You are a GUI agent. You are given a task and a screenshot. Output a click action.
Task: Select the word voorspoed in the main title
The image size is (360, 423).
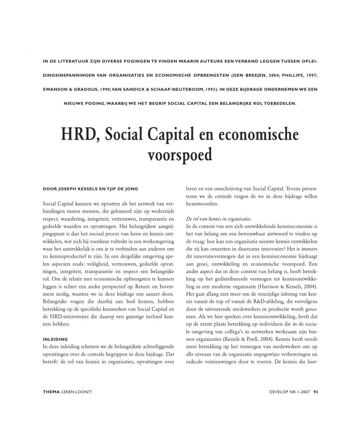tap(180, 154)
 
